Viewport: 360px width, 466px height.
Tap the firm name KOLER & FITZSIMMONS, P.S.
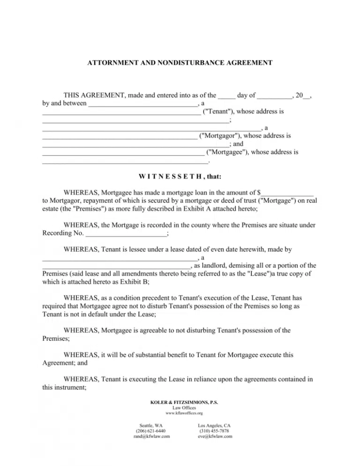click(180, 402)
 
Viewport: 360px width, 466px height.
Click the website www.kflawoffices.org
click(180, 413)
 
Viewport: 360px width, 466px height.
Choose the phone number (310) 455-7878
click(214, 431)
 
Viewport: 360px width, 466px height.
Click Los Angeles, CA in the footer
click(214, 425)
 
